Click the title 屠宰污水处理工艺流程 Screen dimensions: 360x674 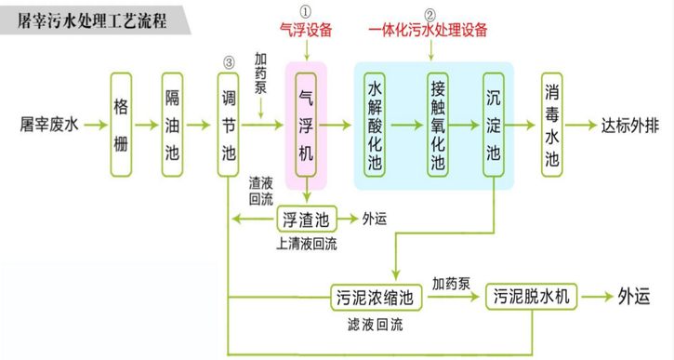tap(94, 20)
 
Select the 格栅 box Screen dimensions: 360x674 tap(121, 124)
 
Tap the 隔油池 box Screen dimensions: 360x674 tap(173, 124)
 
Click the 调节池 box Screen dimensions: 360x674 tap(228, 124)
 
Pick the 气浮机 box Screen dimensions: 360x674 tap(306, 124)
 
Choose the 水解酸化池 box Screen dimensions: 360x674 tap(376, 124)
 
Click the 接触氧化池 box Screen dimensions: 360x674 tap(438, 124)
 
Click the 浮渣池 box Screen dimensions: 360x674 tap(304, 220)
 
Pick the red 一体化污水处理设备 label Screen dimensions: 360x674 tap(429, 31)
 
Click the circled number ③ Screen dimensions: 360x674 tap(228, 63)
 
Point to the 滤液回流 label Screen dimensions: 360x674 tap(371, 325)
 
